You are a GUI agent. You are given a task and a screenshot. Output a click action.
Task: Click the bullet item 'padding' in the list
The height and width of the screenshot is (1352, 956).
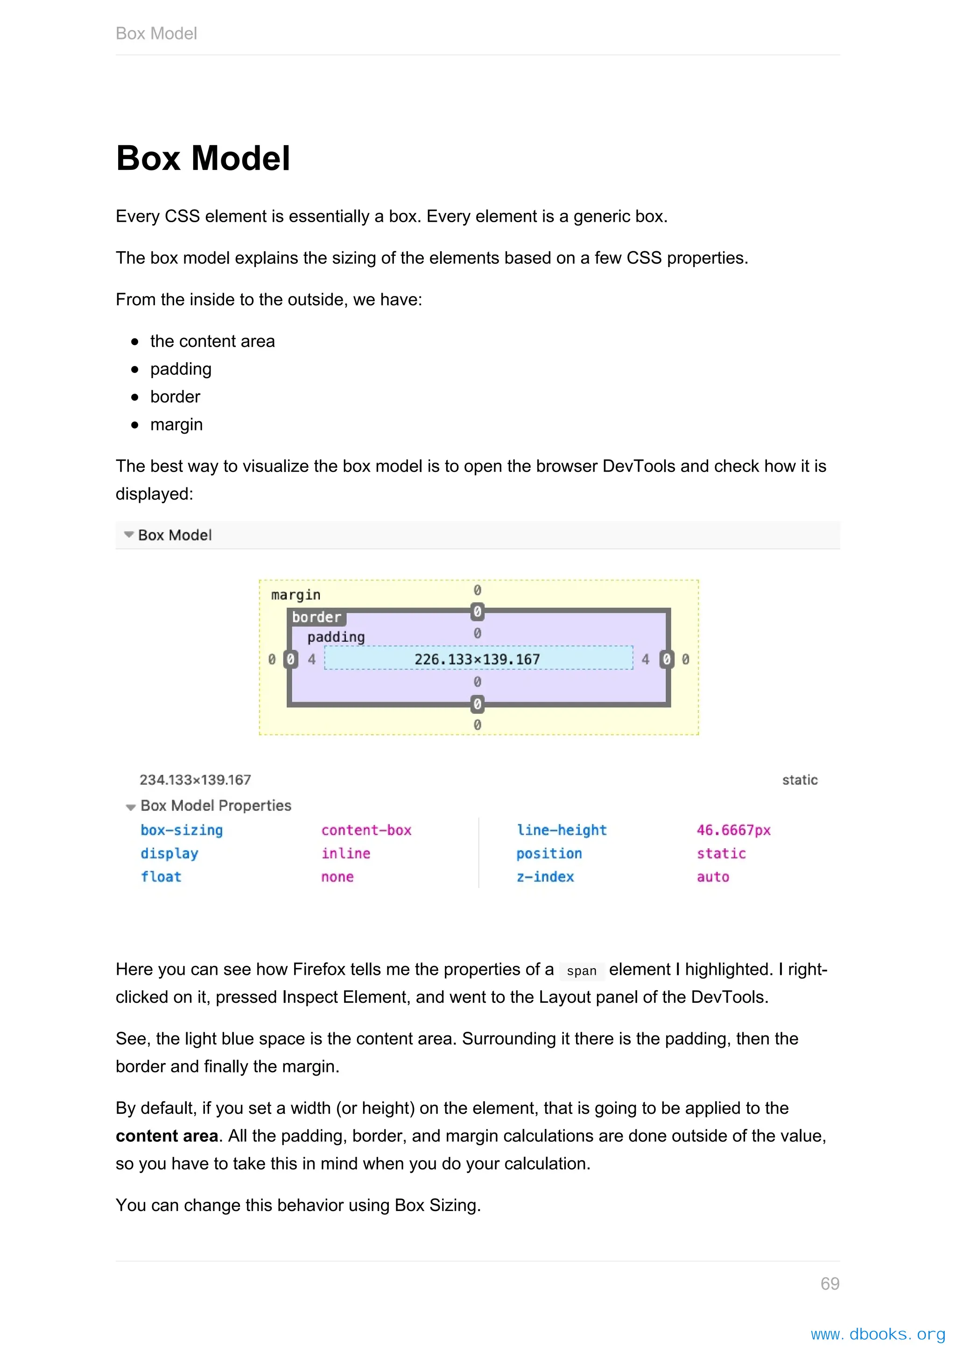[x=180, y=369]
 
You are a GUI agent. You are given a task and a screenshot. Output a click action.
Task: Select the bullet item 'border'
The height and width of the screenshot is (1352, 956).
[x=175, y=397]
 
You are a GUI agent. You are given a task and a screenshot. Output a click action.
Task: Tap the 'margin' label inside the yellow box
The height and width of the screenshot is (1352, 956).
[x=295, y=595]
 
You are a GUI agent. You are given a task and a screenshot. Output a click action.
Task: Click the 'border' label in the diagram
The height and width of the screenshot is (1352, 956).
[x=316, y=617]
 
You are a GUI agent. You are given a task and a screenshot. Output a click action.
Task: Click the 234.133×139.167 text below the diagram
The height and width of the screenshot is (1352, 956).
[x=195, y=780]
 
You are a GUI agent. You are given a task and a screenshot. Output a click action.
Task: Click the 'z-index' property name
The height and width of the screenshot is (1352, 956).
[x=545, y=877]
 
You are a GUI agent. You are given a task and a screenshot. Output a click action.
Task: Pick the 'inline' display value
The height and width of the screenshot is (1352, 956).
[x=345, y=853]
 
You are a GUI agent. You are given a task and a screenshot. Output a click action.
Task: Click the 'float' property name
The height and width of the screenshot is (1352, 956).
[x=161, y=877]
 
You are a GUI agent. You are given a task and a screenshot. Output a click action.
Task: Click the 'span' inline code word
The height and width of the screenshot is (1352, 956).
[x=581, y=971]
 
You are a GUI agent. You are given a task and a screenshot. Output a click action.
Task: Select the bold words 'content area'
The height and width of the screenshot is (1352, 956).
[x=167, y=1136]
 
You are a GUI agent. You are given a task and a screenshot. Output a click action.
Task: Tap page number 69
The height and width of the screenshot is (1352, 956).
[x=829, y=1284]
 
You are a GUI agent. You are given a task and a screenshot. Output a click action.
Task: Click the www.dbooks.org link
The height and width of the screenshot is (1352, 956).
[x=877, y=1334]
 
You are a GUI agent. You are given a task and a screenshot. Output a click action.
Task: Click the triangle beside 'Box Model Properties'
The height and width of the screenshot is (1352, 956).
[x=131, y=807]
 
